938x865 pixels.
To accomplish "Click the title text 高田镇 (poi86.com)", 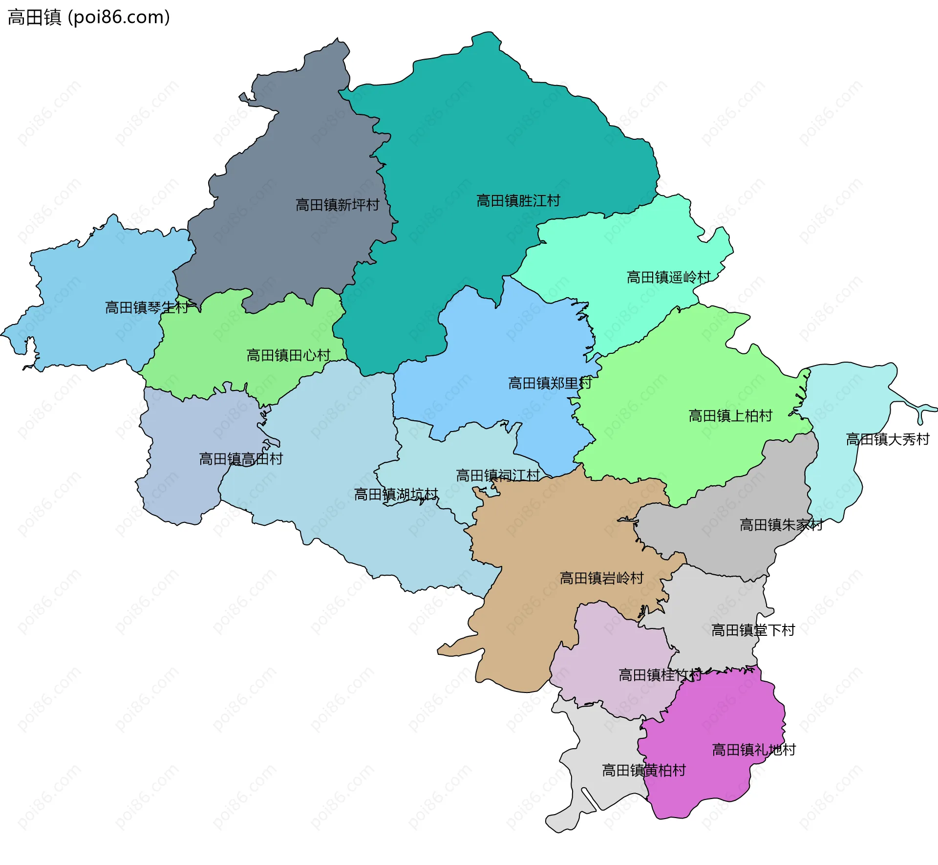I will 89,18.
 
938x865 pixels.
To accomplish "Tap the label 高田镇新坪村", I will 337,205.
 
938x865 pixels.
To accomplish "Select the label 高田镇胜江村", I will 518,201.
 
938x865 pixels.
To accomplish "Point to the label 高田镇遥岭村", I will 668,278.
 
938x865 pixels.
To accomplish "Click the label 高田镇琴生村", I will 147,307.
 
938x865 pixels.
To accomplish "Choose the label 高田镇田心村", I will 288,355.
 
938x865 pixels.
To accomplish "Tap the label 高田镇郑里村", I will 550,383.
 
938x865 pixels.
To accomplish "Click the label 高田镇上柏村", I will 730,416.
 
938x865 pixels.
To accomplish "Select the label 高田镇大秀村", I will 887,439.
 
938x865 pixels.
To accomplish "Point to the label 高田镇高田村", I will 241,459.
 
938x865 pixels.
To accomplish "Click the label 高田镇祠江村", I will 497,476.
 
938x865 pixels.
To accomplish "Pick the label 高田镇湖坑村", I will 396,495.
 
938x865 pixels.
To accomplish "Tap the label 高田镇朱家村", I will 781,525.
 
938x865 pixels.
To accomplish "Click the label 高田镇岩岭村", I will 601,578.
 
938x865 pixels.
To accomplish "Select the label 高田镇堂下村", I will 753,630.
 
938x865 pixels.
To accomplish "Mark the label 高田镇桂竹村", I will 660,675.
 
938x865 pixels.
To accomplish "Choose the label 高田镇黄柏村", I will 643,770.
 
